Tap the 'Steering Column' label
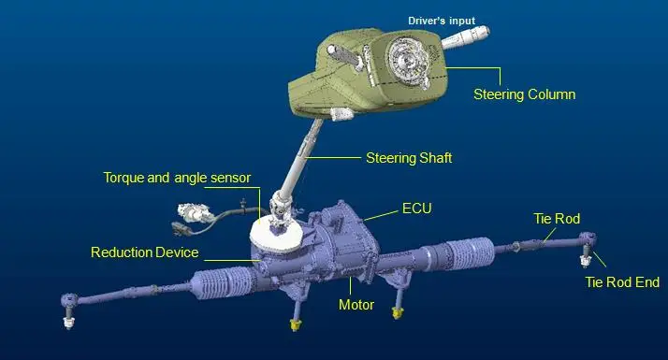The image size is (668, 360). (x=523, y=94)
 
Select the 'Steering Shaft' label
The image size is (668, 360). (x=409, y=159)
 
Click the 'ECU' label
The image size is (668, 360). (x=416, y=208)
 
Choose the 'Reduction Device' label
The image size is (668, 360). (x=144, y=252)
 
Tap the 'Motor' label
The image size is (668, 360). (x=356, y=305)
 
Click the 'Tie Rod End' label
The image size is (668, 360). (x=622, y=282)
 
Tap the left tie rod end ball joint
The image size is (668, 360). (x=67, y=305)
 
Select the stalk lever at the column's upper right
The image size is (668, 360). (x=468, y=39)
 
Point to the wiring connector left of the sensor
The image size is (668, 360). (x=183, y=225)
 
